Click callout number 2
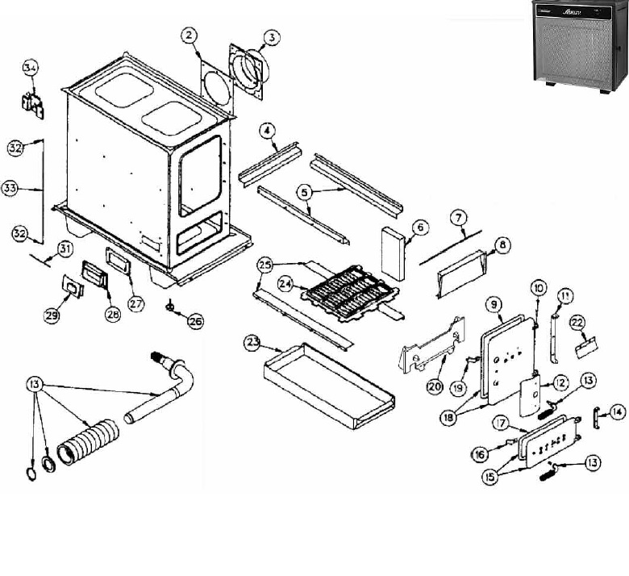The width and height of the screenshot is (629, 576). coord(188,35)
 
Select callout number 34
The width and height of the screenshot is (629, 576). coord(30,68)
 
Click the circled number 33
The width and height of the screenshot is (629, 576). coord(10,188)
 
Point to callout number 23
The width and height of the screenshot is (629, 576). coord(253,342)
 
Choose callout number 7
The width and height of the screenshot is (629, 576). coord(458,218)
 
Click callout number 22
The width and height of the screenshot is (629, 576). coord(577,322)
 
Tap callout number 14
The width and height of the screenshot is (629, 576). coord(617,412)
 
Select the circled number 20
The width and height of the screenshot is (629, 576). coord(435,386)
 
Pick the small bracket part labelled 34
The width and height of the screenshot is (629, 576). coord(32,103)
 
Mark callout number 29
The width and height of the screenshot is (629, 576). coord(52,316)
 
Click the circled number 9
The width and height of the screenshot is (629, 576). coord(494,304)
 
